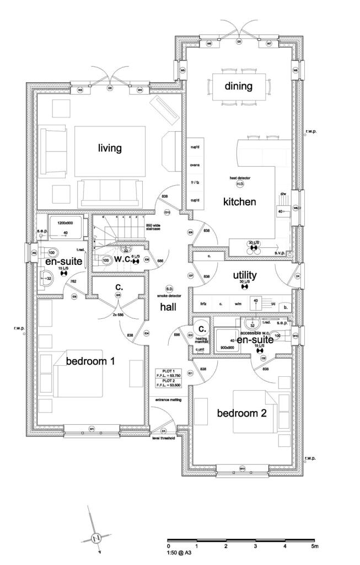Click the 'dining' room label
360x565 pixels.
pyautogui.click(x=238, y=86)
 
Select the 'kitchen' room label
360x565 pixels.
pyautogui.click(x=239, y=202)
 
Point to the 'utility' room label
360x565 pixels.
pyautogui.click(x=245, y=274)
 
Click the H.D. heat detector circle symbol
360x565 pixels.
pyautogui.click(x=240, y=183)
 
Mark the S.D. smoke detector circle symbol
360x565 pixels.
pyautogui.click(x=169, y=289)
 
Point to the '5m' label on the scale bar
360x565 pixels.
pyautogui.click(x=314, y=546)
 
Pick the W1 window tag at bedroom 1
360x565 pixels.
pyautogui.click(x=92, y=429)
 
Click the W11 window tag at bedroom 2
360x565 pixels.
pyautogui.click(x=242, y=468)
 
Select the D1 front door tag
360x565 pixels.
pyautogui.click(x=164, y=430)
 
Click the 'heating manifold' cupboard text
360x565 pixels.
pyautogui.click(x=200, y=340)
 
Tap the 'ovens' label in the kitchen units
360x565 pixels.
pyautogui.click(x=195, y=165)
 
